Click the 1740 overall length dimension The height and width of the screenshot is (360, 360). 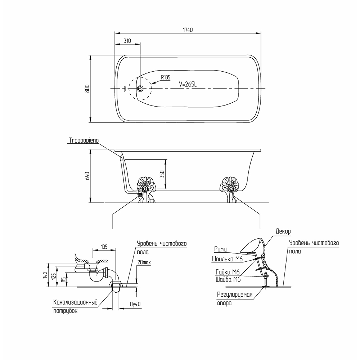pyautogui.click(x=188, y=30)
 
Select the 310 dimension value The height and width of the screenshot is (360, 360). pyautogui.click(x=127, y=41)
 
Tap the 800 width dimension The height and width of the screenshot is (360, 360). pyautogui.click(x=87, y=89)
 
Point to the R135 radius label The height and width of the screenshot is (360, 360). pyautogui.click(x=166, y=77)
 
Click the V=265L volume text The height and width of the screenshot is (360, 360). pyautogui.click(x=188, y=84)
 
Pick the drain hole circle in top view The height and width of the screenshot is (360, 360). pyautogui.click(x=140, y=89)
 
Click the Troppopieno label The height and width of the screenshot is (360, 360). pyautogui.click(x=84, y=140)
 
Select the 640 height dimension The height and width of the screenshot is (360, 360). pyautogui.click(x=87, y=176)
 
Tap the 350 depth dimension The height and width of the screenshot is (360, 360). pyautogui.click(x=162, y=174)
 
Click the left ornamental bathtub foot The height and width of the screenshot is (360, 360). pyautogui.click(x=145, y=190)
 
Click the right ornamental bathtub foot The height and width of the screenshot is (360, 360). pyautogui.click(x=230, y=190)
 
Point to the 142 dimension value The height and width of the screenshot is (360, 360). pyautogui.click(x=45, y=275)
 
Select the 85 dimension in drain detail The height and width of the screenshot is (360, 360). pyautogui.click(x=64, y=279)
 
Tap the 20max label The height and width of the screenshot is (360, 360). pyautogui.click(x=144, y=262)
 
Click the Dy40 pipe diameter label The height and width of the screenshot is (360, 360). pyautogui.click(x=135, y=304)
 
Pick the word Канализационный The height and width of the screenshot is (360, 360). pyautogui.click(x=76, y=302)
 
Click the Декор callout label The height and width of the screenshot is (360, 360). pyautogui.click(x=283, y=231)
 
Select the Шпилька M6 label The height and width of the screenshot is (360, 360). pyautogui.click(x=227, y=259)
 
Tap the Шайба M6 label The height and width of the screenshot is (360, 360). pyautogui.click(x=228, y=279)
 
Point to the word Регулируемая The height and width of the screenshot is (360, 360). pyautogui.click(x=235, y=294)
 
